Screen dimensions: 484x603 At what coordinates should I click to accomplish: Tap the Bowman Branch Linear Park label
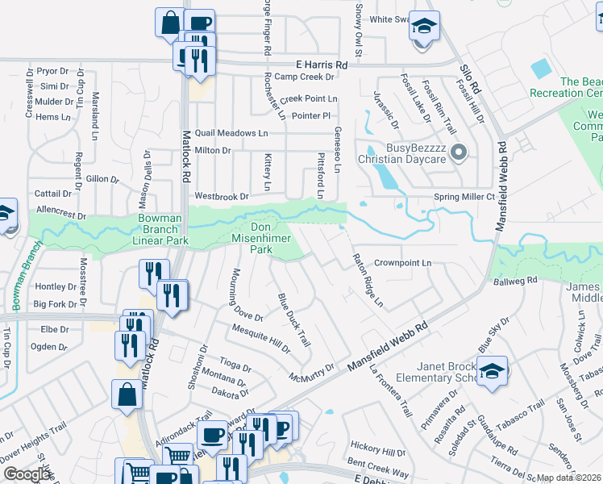[151, 229]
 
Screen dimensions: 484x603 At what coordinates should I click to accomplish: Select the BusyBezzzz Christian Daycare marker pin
[459, 151]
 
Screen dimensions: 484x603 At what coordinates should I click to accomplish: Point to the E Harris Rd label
[322, 64]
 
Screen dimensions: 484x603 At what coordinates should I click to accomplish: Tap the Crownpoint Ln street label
[403, 263]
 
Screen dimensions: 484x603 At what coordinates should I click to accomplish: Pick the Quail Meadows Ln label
[231, 132]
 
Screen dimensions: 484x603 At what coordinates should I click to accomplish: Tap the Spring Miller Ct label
[464, 197]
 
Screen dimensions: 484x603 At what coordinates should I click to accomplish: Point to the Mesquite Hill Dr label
[260, 338]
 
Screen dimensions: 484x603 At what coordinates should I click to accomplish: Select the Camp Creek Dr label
[304, 77]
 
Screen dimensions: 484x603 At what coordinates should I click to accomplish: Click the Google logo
[27, 474]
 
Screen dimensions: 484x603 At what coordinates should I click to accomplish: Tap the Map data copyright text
[568, 478]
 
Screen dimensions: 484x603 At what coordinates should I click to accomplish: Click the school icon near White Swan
[423, 26]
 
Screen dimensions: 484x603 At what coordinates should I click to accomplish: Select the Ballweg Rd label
[515, 280]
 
